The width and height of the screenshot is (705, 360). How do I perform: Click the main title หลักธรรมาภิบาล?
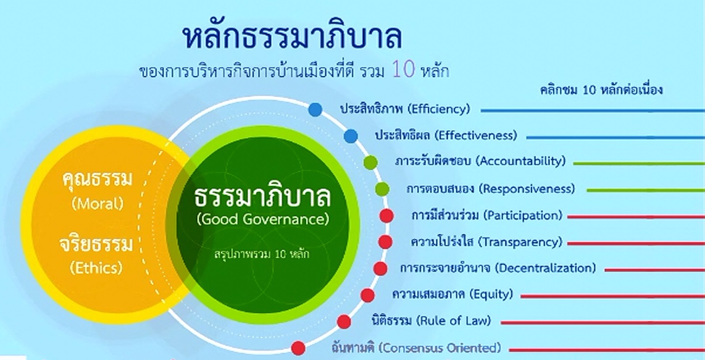pos(292,37)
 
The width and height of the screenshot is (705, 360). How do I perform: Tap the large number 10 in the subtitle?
pos(403,70)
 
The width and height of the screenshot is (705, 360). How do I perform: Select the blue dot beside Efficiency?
pos(315,109)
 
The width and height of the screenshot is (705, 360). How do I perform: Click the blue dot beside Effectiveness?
pos(351,136)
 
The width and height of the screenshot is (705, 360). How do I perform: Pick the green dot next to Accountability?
pos(370,162)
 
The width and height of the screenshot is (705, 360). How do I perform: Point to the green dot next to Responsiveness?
pos(382,189)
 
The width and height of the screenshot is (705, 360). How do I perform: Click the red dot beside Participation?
pos(386,216)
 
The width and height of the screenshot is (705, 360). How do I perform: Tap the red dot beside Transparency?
pos(385,241)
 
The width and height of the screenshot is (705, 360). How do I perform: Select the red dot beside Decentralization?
pos(380,268)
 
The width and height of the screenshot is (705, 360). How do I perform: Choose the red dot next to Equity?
pos(367,295)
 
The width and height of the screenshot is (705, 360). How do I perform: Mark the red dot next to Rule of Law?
pos(344,321)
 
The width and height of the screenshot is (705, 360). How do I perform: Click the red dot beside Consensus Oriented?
pos(298,348)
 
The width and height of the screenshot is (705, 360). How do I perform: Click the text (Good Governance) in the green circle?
pos(263,220)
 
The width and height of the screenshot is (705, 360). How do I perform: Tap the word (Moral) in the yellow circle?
pos(98,204)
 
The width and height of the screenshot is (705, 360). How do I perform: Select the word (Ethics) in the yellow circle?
pos(96,268)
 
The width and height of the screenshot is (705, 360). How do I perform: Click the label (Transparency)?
pos(520,242)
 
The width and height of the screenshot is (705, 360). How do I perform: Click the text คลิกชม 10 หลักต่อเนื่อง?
pos(601,90)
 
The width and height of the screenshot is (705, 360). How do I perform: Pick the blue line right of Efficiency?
pos(593,111)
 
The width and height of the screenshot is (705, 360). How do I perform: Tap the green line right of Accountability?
pos(640,164)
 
